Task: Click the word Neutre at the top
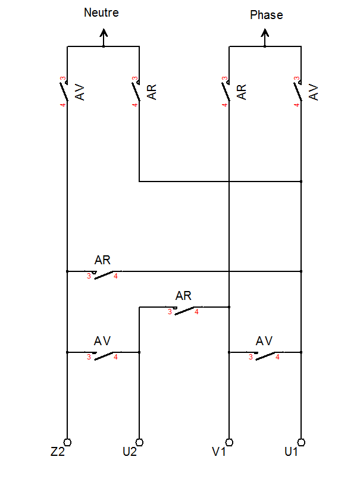tap(101, 12)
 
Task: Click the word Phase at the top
tap(267, 15)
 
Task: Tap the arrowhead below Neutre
tap(104, 32)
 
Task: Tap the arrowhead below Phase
tap(265, 32)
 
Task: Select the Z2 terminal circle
tap(67, 442)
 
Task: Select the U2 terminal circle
tap(139, 442)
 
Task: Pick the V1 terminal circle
tap(229, 442)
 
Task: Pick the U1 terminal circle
tap(301, 442)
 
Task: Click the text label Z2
tap(58, 452)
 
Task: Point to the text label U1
tap(291, 452)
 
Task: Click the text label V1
tap(219, 452)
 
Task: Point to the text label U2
tap(130, 452)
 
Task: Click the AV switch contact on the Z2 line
tap(64, 91)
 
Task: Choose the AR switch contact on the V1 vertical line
tap(226, 91)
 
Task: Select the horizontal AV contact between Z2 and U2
tap(104, 355)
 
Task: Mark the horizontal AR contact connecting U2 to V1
tap(184, 310)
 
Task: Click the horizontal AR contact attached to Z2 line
tap(104, 274)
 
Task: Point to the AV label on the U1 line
tap(314, 92)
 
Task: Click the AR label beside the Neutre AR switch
tap(152, 92)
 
